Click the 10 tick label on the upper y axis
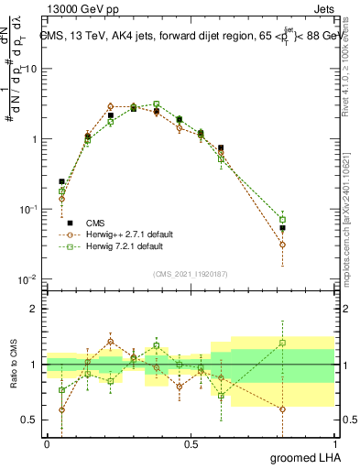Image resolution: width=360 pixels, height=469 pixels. click(x=31, y=70)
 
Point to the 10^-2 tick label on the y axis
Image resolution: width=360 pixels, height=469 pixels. click(x=29, y=279)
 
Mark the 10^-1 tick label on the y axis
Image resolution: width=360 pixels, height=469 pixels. click(x=29, y=210)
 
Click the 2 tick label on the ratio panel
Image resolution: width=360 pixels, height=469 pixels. click(x=36, y=309)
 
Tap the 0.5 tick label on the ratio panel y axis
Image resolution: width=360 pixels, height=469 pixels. click(x=31, y=420)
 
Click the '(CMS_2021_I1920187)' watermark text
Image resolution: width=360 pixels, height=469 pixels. click(x=191, y=272)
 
